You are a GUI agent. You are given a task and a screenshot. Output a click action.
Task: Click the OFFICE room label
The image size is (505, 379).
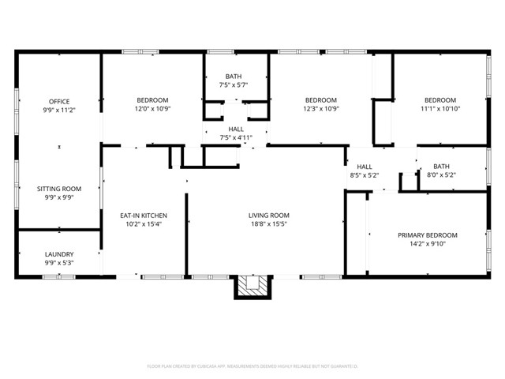59,101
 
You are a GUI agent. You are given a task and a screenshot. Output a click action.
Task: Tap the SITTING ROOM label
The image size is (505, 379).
59,189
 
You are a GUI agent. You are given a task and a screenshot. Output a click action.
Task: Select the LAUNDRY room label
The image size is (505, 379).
59,253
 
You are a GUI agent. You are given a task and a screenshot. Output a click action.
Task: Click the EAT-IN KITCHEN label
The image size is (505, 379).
143,216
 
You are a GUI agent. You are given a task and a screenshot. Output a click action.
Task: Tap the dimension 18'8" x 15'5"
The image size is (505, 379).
269,224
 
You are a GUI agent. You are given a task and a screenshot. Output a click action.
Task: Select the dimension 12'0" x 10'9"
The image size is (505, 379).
152,109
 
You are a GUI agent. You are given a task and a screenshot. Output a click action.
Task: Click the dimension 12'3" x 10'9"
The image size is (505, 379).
321,109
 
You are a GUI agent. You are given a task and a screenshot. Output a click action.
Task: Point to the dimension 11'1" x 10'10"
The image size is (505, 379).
440,109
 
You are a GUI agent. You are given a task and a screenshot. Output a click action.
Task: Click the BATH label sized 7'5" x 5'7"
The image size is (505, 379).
234,76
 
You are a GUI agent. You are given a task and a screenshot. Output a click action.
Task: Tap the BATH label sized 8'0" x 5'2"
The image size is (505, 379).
440,167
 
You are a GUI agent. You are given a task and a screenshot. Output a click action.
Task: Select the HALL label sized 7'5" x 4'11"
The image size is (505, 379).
236,129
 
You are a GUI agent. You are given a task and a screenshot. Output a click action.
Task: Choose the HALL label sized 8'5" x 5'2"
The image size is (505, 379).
364,167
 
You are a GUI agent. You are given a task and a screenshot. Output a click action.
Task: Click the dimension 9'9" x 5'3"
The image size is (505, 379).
59,262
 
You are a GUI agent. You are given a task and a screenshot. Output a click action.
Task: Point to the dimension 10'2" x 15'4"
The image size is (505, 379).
143,224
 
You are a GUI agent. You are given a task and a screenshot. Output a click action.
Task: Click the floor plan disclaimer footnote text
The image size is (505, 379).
252,366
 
